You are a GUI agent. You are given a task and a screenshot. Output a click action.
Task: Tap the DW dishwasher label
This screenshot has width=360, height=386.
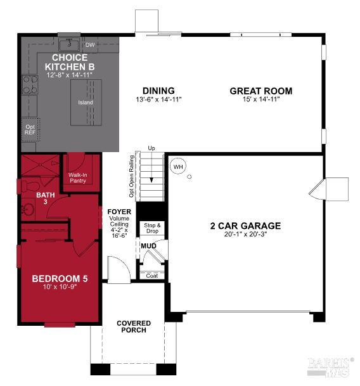(x=90, y=45)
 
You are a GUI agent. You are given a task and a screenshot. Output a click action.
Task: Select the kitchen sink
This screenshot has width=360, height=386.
(x=68, y=45)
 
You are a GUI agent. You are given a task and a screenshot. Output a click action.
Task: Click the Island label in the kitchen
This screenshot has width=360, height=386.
(x=85, y=102)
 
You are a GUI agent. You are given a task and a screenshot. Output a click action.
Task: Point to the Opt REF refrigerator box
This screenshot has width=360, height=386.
(x=29, y=129)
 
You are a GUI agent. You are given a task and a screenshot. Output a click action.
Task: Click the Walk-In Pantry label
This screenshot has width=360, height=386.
(x=77, y=177)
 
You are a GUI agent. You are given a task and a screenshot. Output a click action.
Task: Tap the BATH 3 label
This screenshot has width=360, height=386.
(x=45, y=198)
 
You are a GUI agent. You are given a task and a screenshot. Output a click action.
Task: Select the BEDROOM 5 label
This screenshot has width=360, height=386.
(x=60, y=278)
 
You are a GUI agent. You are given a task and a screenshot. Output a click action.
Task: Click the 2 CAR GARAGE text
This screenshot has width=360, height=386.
(x=245, y=225)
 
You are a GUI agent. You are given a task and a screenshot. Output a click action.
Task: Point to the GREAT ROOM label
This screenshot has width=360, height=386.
(x=260, y=91)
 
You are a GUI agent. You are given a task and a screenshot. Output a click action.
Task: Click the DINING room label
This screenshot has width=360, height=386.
(x=158, y=91)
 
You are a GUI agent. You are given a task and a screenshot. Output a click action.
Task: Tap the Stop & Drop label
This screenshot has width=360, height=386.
(x=151, y=228)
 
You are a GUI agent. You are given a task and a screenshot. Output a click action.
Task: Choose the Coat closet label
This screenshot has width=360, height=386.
(x=151, y=275)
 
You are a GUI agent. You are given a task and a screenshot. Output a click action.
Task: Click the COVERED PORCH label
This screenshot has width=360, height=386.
(x=133, y=326)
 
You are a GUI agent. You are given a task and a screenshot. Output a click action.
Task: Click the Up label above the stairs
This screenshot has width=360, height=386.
(x=151, y=148)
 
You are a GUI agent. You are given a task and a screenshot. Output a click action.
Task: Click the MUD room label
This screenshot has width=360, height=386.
(x=148, y=245)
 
